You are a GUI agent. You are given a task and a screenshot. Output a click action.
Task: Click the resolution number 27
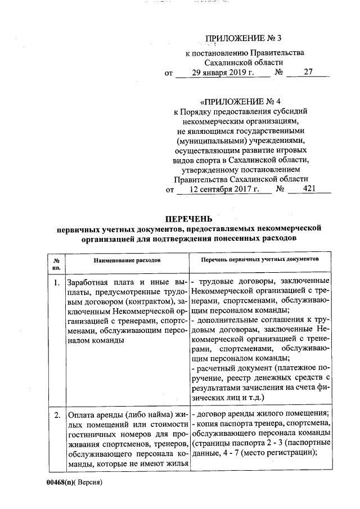point(307,73)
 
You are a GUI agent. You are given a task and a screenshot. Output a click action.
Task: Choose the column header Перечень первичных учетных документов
point(259,260)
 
